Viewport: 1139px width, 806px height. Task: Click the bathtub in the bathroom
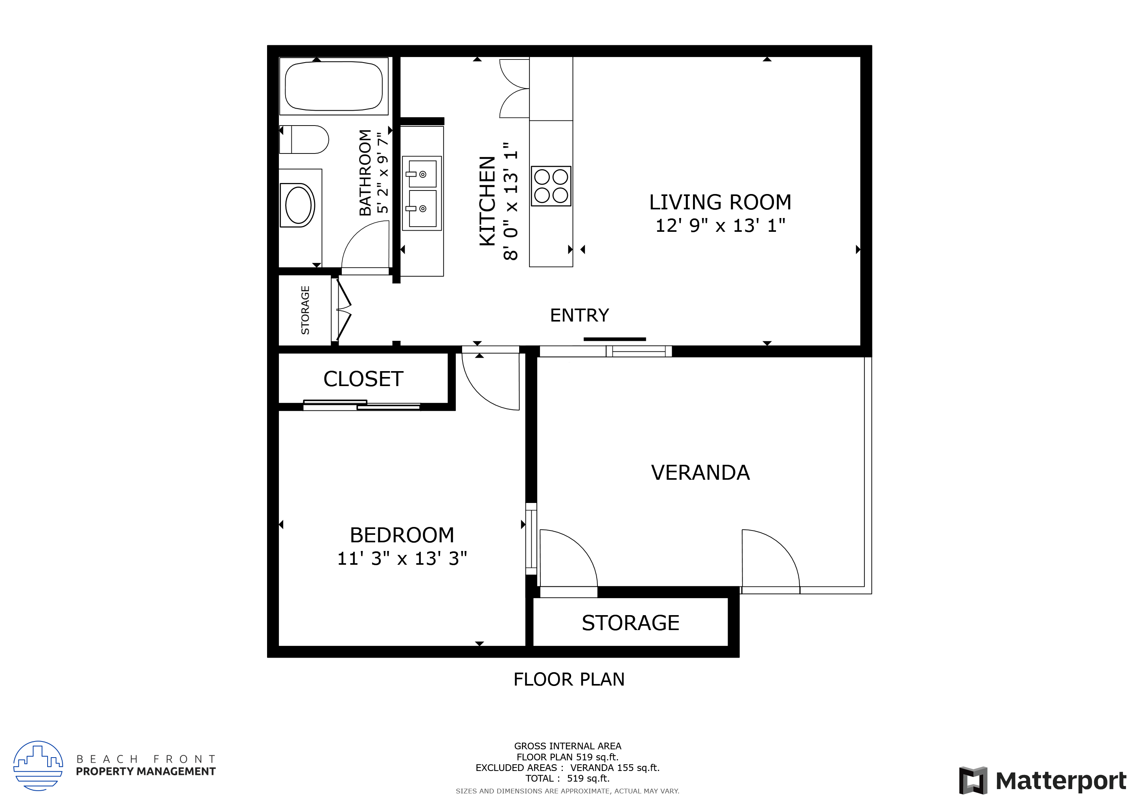click(x=334, y=86)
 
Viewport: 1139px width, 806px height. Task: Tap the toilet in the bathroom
click(x=304, y=139)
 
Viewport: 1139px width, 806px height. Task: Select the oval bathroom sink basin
click(x=298, y=205)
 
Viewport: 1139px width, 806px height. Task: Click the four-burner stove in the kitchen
click(x=551, y=186)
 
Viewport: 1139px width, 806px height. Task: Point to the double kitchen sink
click(x=422, y=193)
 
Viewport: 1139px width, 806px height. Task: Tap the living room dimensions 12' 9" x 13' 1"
click(x=720, y=226)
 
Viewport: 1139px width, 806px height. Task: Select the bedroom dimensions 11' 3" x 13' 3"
click(x=402, y=558)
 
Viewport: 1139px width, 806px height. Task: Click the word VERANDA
click(x=700, y=473)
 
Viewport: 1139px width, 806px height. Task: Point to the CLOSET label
click(x=363, y=379)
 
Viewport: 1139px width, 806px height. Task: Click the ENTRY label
click(x=579, y=316)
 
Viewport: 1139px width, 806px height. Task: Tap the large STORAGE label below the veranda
click(x=630, y=623)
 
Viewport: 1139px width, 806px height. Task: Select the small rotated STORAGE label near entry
click(x=305, y=310)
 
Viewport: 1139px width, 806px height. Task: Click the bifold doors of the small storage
click(x=344, y=310)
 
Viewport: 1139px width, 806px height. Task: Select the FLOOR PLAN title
click(x=568, y=679)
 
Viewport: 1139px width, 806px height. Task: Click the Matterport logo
click(x=1042, y=781)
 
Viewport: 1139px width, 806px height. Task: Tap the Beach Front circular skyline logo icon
click(x=38, y=765)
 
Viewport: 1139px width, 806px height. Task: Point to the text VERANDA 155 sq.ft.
click(x=615, y=768)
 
